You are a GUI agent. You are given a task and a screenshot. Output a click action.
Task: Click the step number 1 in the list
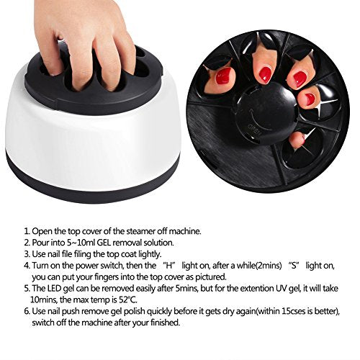coord(27,232)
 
